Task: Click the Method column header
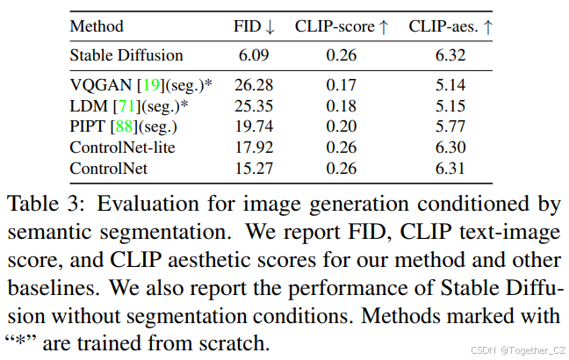pyautogui.click(x=97, y=26)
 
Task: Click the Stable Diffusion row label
pyautogui.click(x=126, y=55)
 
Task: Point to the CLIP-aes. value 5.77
pyautogui.click(x=450, y=126)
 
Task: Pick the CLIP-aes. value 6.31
pyautogui.click(x=450, y=166)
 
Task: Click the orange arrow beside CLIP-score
pyautogui.click(x=382, y=26)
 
